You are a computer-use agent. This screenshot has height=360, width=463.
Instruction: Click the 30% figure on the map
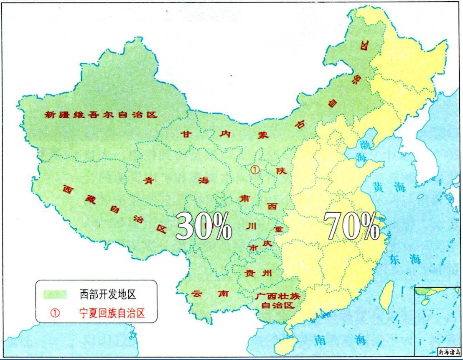[204, 226]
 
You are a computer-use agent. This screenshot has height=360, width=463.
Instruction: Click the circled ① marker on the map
[254, 169]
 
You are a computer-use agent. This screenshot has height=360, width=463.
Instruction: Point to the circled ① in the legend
[54, 313]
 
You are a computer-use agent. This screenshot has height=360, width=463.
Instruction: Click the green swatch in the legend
[55, 294]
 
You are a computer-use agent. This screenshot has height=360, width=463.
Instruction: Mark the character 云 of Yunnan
[196, 294]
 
